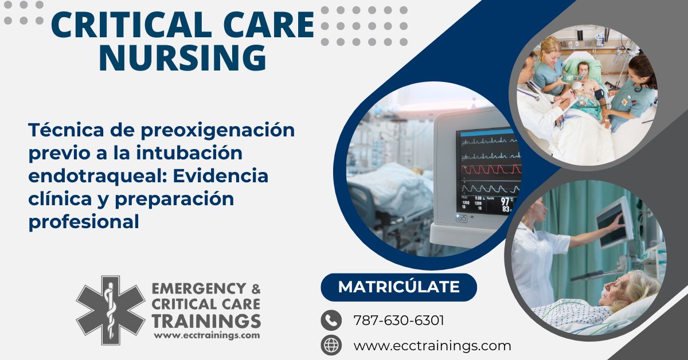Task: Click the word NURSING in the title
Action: point(182,57)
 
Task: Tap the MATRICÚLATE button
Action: point(398,287)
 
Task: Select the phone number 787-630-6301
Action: point(398,320)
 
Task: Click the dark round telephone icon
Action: point(331,320)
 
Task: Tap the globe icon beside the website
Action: point(331,345)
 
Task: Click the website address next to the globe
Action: point(432,346)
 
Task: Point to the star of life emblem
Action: point(111,310)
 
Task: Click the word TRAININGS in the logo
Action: point(206,321)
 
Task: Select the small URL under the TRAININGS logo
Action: point(207,335)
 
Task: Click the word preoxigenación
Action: point(218,131)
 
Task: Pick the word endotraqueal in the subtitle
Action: point(97,176)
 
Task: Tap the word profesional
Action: point(84,221)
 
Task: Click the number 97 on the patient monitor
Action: point(505,202)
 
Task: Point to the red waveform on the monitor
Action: point(491,169)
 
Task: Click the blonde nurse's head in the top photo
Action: point(551,49)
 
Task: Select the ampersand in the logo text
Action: point(256,289)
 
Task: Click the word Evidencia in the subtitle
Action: point(221,176)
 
